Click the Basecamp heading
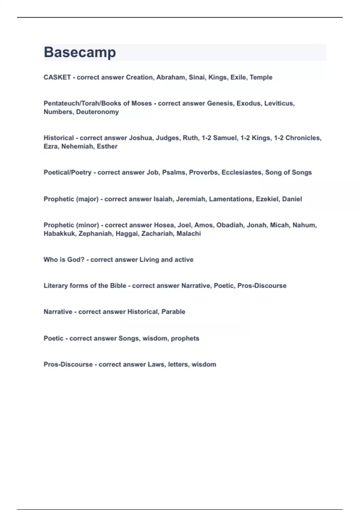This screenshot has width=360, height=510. coord(80,52)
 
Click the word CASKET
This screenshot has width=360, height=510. coord(57,77)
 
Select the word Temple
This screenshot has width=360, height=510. coord(261,77)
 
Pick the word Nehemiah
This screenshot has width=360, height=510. coord(77,146)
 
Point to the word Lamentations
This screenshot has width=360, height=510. coord(230,199)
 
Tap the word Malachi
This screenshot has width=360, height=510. coord(189,234)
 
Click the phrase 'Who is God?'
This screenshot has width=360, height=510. coord(64,260)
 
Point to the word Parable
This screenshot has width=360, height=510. coord(173,312)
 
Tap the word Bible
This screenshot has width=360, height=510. coord(118,286)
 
